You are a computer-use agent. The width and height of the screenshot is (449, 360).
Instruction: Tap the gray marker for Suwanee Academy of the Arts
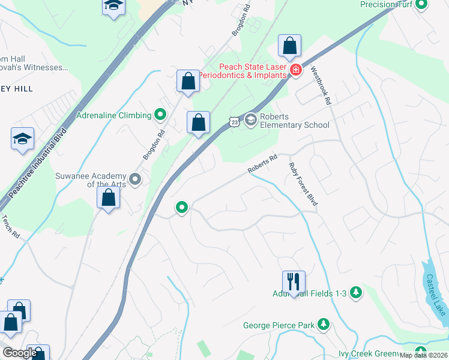coord(136,179)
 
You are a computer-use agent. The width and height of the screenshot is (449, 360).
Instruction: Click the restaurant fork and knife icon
coord(294,280)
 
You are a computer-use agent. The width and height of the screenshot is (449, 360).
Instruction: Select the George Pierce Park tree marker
coord(324,325)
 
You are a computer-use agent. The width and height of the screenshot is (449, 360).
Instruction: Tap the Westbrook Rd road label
coord(321,86)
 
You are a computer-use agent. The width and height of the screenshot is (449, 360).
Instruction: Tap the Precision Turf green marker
coord(421,5)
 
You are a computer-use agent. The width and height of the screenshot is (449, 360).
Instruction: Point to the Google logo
coord(20,353)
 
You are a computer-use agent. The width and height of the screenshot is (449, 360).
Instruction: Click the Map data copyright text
coord(423,355)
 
